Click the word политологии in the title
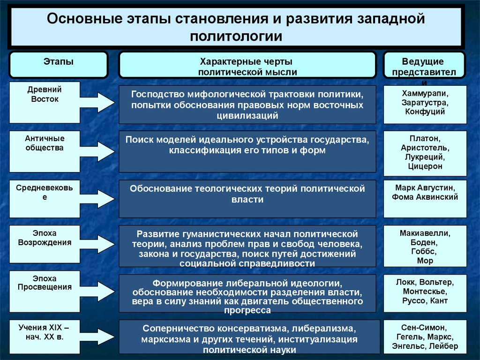pos(236,37)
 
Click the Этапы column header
pos(59,65)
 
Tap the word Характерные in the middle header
pos(228,61)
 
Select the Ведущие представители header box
pos(424,65)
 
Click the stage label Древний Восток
pos(45,94)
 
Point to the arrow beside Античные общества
pos(97,151)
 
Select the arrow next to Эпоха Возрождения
pos(97,244)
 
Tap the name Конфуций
pos(425,112)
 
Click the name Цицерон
pos(425,166)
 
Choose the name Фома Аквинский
pos(425,197)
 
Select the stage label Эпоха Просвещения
pos(45,283)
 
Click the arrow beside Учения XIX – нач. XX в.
pos(97,337)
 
